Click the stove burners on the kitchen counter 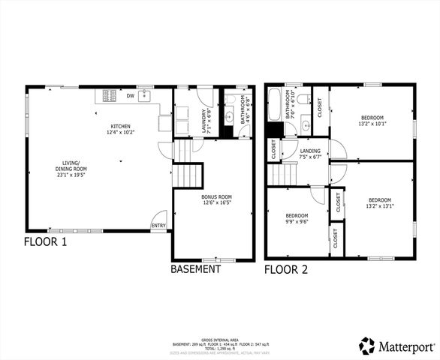pos(109,95)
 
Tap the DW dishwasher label pos(131,95)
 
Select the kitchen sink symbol pos(145,95)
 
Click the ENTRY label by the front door pos(158,225)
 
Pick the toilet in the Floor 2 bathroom pos(303,99)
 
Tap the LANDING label pos(310,151)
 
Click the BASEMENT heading pos(196,268)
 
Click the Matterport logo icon pos(367,345)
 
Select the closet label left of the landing pos(274,151)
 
